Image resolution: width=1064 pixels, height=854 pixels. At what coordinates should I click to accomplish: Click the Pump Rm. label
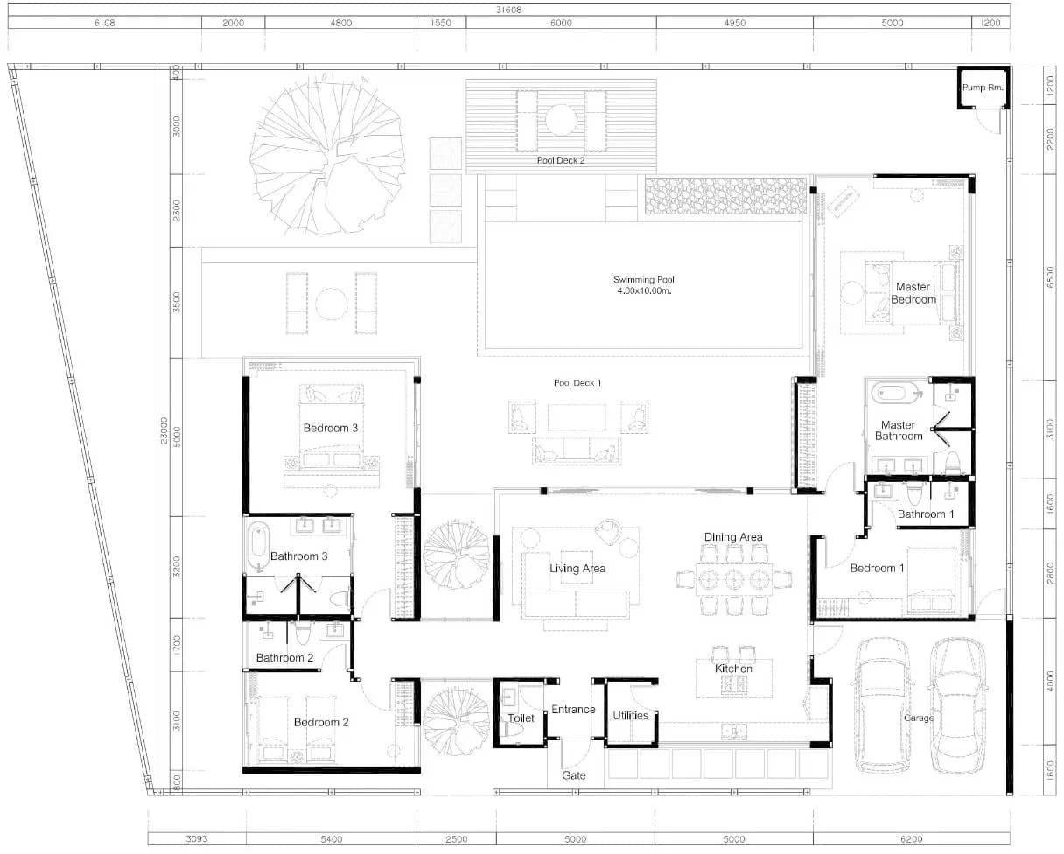point(983,87)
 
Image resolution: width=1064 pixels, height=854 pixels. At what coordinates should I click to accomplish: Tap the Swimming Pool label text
point(644,280)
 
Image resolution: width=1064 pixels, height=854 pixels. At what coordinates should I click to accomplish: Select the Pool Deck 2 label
point(561,160)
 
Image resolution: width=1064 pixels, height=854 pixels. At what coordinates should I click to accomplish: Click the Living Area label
point(577,569)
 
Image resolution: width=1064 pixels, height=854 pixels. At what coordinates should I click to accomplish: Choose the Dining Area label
point(733,537)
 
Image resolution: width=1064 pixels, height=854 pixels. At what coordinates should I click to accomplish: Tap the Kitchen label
point(733,668)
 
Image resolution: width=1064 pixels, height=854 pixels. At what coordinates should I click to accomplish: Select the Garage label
point(919,717)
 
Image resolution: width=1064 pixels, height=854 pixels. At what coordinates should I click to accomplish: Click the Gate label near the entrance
point(573,775)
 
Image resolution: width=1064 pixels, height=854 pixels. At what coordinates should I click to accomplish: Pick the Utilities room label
point(630,716)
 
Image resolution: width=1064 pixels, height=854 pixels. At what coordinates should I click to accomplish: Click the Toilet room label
point(521,718)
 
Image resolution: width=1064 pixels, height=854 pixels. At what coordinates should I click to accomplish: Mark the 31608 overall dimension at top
point(508,10)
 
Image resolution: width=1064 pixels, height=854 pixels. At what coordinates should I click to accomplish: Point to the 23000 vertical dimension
point(164,430)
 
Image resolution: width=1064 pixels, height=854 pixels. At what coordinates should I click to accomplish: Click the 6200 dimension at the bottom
point(911,838)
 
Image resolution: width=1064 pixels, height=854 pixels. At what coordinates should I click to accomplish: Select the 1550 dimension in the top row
point(441,23)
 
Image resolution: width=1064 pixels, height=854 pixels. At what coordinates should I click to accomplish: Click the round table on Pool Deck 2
point(561,120)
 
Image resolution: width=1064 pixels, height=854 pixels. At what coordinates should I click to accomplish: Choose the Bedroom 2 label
point(321,722)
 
